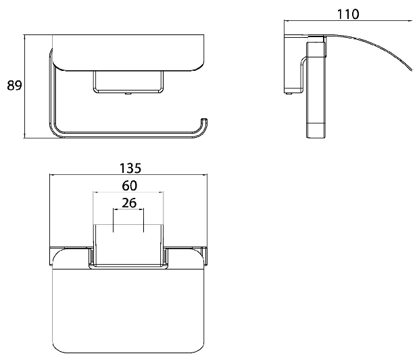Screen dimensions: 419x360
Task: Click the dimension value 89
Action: (x=14, y=86)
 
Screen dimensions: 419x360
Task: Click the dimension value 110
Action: (x=348, y=14)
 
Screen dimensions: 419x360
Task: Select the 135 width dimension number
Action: (x=130, y=168)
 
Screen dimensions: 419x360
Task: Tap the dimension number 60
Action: (x=130, y=186)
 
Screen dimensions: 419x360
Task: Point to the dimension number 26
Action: (x=129, y=203)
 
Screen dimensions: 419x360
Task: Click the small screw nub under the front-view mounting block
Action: (x=128, y=94)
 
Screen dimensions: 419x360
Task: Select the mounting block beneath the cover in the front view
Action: (x=128, y=82)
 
